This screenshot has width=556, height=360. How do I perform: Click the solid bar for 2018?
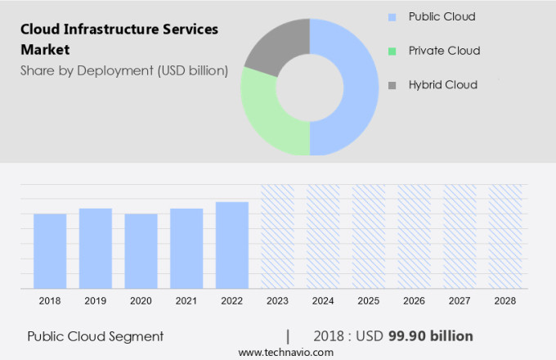tap(50, 250)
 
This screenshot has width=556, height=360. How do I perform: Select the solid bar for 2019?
tap(96, 248)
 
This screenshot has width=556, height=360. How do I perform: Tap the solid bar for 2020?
tap(141, 250)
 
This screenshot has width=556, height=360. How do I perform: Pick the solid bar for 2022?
tap(232, 245)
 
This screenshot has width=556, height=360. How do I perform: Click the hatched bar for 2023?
tap(277, 236)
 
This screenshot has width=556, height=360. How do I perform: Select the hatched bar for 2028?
tap(504, 236)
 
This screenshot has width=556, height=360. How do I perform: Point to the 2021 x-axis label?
tap(186, 301)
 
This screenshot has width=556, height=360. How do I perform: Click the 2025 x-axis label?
tap(368, 301)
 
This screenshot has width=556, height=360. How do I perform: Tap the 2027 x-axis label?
tap(460, 301)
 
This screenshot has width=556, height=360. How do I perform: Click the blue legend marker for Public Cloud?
tap(392, 17)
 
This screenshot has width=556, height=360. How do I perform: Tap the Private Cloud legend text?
tap(444, 51)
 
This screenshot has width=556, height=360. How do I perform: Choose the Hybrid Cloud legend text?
tap(442, 84)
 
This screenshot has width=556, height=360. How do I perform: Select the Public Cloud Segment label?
tap(96, 336)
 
